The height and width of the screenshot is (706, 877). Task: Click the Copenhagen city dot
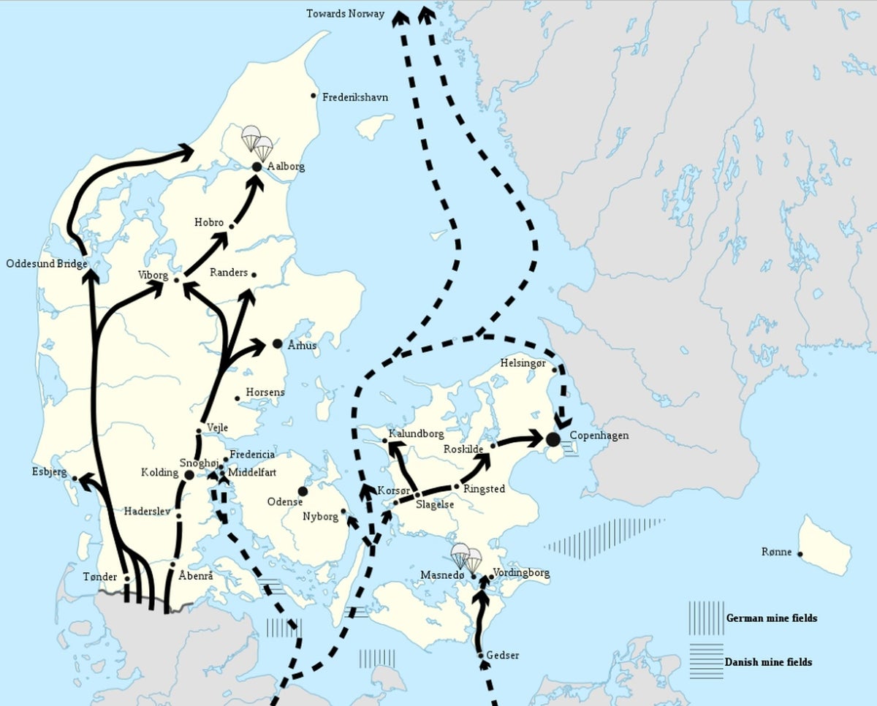click(x=553, y=439)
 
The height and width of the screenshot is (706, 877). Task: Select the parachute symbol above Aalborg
click(x=257, y=143)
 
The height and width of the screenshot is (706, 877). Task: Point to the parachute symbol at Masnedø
click(x=466, y=557)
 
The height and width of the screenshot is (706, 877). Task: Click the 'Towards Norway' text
click(x=345, y=14)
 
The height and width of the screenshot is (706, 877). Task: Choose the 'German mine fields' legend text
click(x=772, y=618)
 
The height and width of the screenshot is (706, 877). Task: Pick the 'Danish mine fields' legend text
click(x=768, y=662)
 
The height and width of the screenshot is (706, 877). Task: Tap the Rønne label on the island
click(x=776, y=552)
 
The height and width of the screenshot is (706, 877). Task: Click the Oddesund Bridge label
click(x=47, y=263)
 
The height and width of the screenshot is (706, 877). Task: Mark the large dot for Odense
click(x=303, y=491)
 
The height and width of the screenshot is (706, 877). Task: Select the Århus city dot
click(x=277, y=343)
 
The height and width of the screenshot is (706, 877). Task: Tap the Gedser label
click(x=502, y=655)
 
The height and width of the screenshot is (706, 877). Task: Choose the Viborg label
click(x=153, y=276)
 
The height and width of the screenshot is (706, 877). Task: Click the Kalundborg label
click(x=416, y=433)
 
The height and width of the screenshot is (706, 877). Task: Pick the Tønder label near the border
click(x=100, y=577)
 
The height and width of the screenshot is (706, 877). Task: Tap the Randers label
click(x=229, y=273)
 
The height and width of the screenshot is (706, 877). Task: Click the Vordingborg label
click(x=521, y=573)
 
